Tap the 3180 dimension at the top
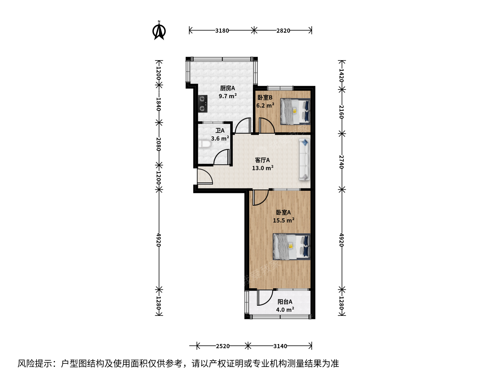(x=222, y=31)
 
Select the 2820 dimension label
(x=283, y=31)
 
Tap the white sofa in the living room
(x=304, y=159)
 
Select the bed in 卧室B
(x=295, y=111)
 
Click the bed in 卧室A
(x=292, y=246)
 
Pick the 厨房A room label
(x=227, y=88)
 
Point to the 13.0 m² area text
(x=263, y=168)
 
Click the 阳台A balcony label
(x=285, y=302)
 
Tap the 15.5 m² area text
(x=284, y=220)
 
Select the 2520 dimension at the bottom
(x=223, y=346)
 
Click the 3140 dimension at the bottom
(x=280, y=346)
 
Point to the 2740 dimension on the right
(x=341, y=162)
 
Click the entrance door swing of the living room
(x=205, y=176)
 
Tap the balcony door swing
(x=265, y=298)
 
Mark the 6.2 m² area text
(x=265, y=105)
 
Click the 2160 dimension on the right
(x=341, y=112)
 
